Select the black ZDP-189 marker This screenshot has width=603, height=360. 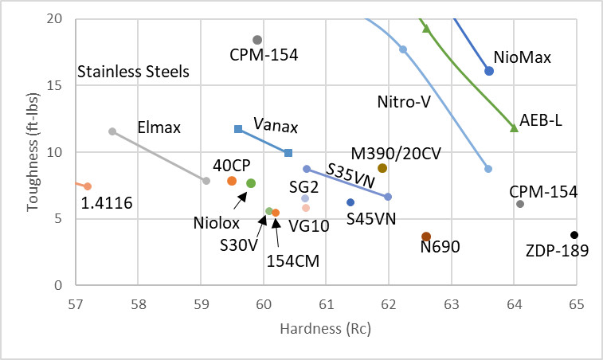coord(574,235)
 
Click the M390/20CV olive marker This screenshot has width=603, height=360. coord(382,168)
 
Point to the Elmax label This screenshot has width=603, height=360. coord(159,127)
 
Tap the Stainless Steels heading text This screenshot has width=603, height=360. coord(133,72)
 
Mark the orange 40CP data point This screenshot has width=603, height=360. coord(232,181)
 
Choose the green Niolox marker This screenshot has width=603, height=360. coord(251,183)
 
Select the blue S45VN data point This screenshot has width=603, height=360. coord(350,202)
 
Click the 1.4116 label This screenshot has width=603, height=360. coord(108,205)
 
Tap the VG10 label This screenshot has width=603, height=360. coord(310,225)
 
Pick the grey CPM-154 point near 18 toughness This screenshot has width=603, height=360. coord(257,40)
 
